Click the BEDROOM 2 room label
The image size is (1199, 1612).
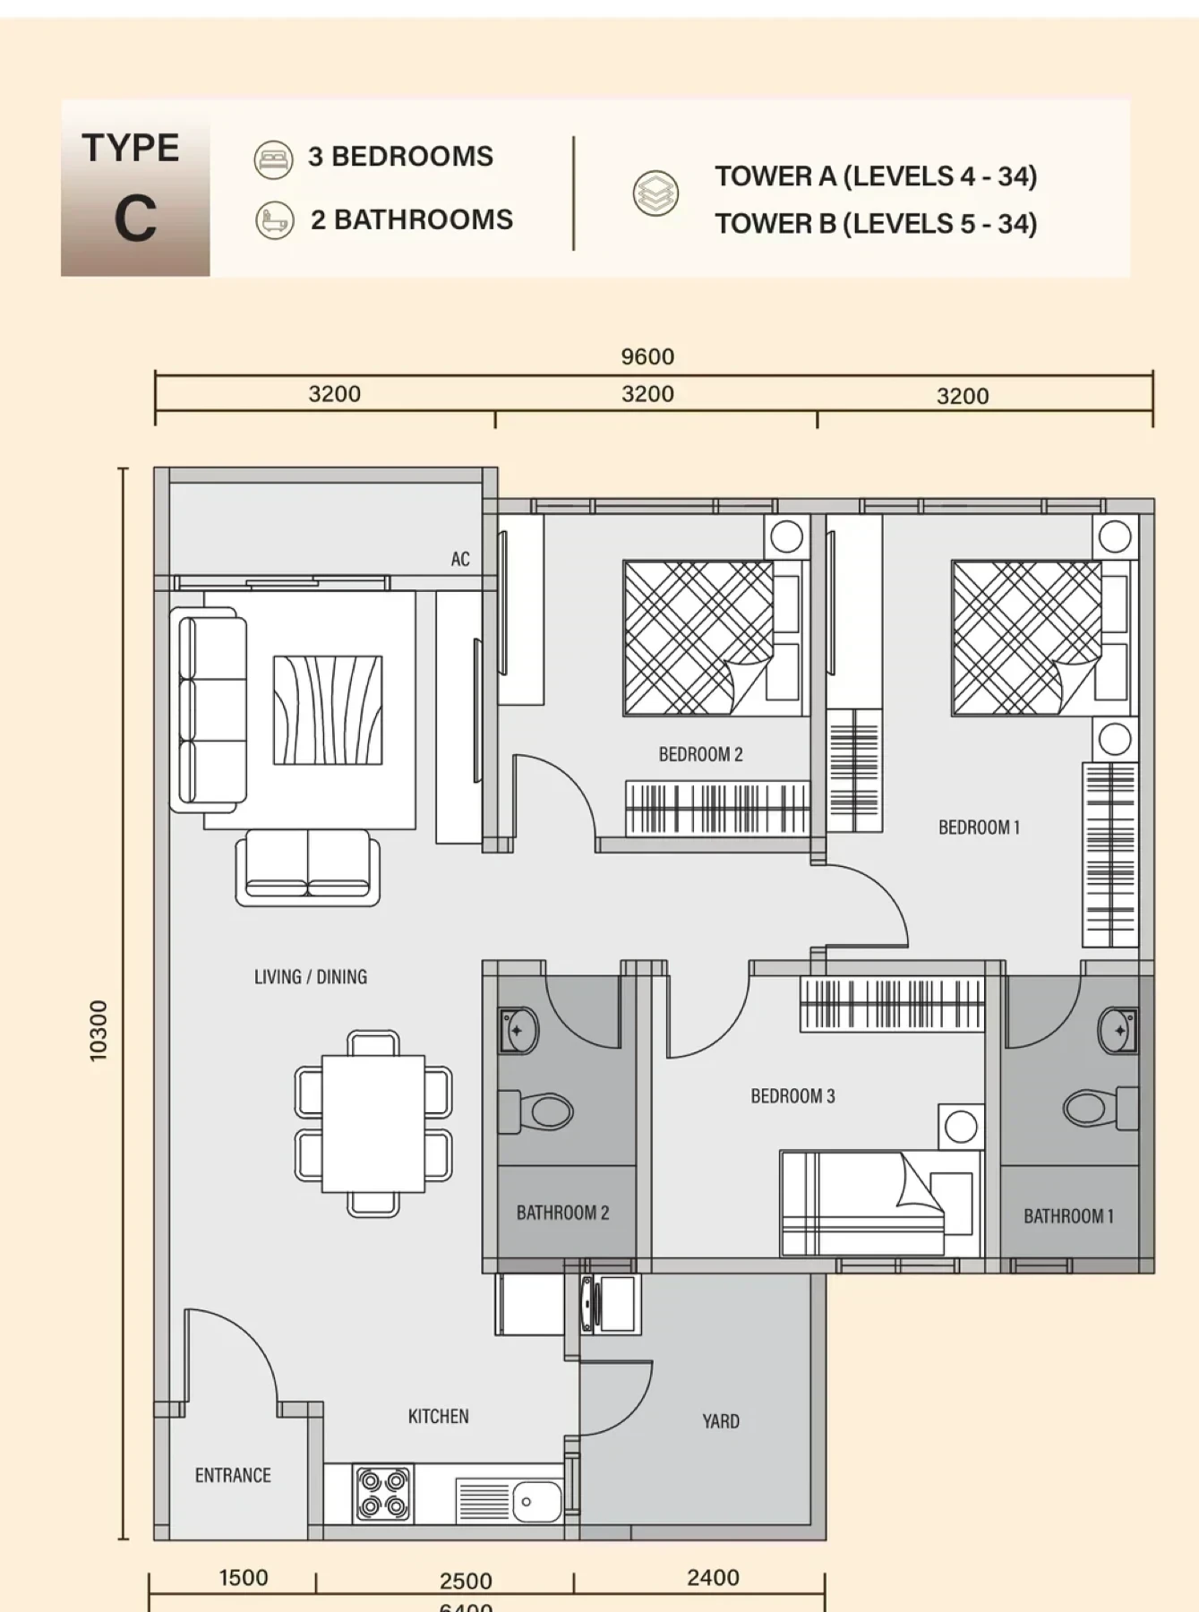tap(700, 754)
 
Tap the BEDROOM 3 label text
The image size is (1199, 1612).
tap(792, 1095)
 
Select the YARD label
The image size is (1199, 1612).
tap(721, 1420)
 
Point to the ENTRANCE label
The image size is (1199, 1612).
tap(233, 1474)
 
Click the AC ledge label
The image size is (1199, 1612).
tap(460, 559)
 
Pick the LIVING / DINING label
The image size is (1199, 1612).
tap(311, 976)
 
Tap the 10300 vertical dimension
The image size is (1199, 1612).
tap(98, 1031)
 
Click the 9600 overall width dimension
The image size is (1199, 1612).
tap(647, 356)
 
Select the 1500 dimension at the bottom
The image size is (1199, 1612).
tap(244, 1577)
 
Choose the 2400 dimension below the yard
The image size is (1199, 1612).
tap(713, 1577)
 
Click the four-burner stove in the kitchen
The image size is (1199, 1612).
tap(383, 1493)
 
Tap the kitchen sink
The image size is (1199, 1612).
tap(510, 1499)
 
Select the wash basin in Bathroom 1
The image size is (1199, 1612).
tap(1118, 1031)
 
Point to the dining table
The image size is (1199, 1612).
tap(373, 1124)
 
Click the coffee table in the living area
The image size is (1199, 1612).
tap(328, 710)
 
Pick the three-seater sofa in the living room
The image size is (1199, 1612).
tap(209, 710)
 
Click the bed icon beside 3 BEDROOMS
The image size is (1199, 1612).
tap(273, 159)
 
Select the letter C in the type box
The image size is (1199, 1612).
tap(135, 219)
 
